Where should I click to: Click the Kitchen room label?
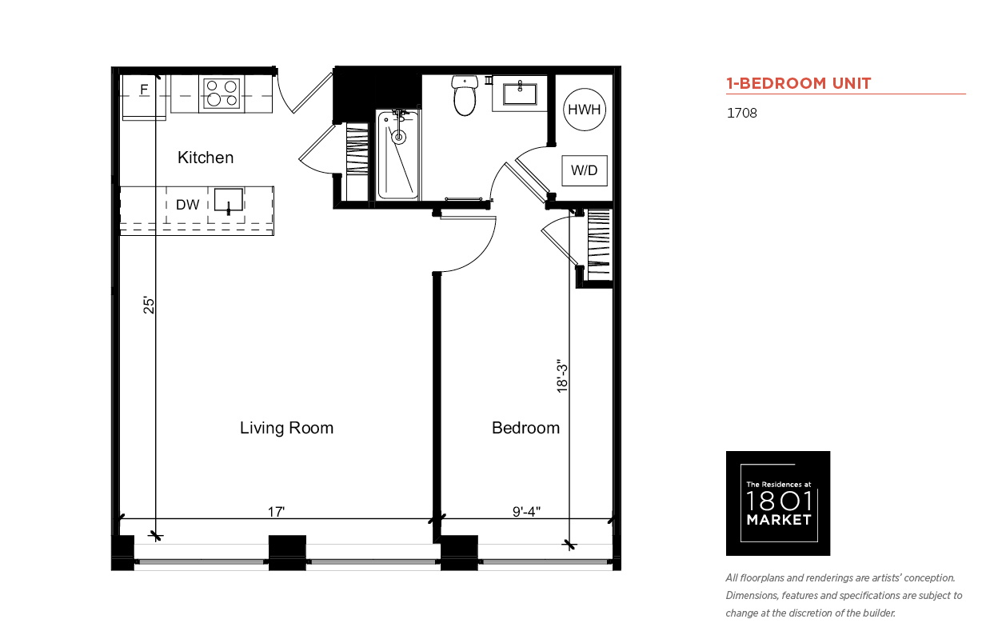(206, 158)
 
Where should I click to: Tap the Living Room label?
(286, 428)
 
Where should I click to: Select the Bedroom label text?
(525, 428)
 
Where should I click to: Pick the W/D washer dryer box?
(585, 170)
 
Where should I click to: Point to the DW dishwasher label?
(187, 205)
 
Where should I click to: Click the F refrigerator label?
(144, 90)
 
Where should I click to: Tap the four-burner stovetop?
(222, 94)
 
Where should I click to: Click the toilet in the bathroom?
(465, 95)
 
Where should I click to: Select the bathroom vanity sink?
(520, 94)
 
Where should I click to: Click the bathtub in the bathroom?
(397, 154)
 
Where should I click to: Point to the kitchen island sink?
(229, 201)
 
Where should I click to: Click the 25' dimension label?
(150, 306)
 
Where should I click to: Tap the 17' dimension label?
(276, 512)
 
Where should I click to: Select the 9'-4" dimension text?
(526, 512)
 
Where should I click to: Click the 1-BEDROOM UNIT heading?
(798, 83)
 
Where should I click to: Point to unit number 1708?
(742, 113)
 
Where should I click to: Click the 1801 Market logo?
(778, 503)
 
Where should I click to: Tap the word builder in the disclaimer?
(880, 613)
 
